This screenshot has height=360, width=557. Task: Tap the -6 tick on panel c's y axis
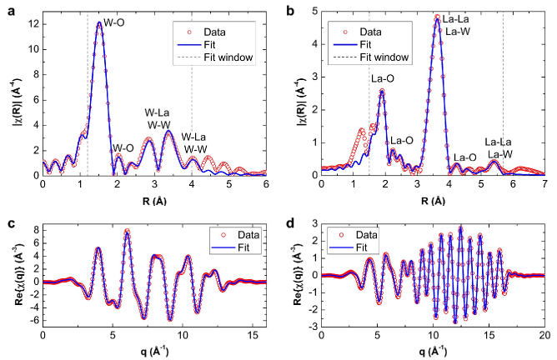(x=32, y=317)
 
